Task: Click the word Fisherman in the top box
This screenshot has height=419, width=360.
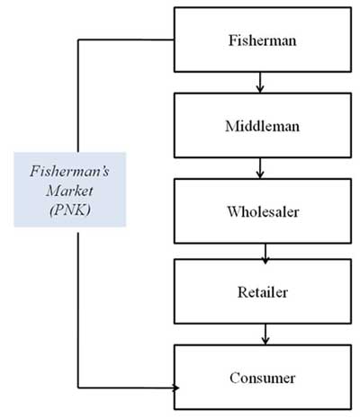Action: click(x=263, y=40)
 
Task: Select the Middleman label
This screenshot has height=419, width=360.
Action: click(x=263, y=126)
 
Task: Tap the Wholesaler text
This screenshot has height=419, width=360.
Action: click(x=263, y=211)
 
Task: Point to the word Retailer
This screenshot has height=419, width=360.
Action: click(x=263, y=292)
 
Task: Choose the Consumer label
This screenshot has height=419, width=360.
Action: click(x=263, y=378)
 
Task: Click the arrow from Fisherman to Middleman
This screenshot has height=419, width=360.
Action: click(x=260, y=83)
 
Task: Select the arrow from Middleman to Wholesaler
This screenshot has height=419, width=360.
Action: click(x=260, y=168)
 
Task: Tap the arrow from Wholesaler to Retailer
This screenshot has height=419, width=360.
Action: click(x=265, y=254)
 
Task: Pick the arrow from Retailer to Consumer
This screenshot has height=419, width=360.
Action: click(x=265, y=334)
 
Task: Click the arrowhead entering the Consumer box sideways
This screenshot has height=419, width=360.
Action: click(x=176, y=388)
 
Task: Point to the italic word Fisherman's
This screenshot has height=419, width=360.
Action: click(x=69, y=172)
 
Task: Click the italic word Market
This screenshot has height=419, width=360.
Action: click(x=69, y=191)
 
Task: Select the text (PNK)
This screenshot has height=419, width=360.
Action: click(x=70, y=210)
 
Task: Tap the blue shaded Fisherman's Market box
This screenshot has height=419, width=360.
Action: click(x=70, y=190)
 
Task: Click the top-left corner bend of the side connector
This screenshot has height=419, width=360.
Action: click(x=78, y=40)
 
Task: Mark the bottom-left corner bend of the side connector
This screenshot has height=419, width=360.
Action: click(x=78, y=388)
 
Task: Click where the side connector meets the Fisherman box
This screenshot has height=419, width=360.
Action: click(x=175, y=40)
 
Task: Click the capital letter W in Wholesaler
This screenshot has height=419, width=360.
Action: click(x=233, y=211)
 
